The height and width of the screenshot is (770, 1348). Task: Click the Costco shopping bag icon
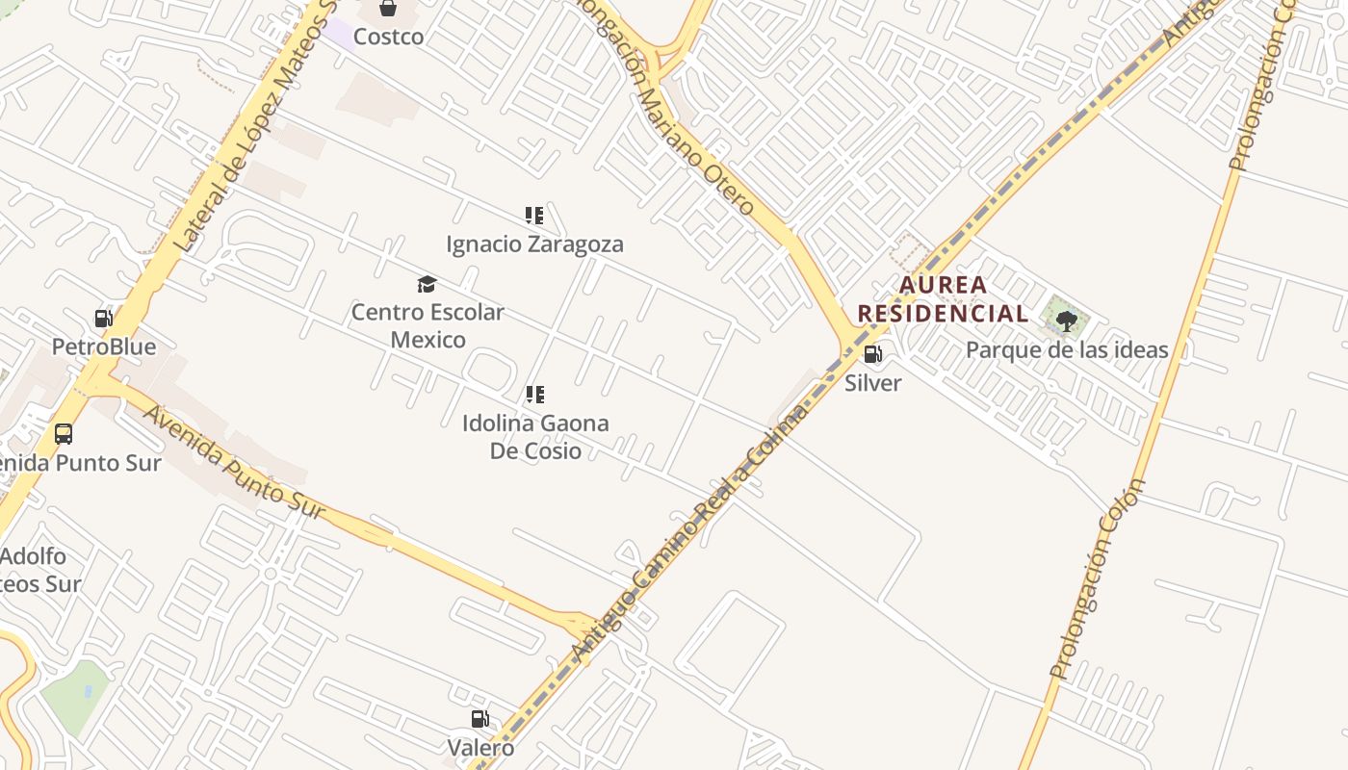point(388,9)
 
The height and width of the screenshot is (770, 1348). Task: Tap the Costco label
point(388,37)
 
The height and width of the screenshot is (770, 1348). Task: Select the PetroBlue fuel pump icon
point(103,319)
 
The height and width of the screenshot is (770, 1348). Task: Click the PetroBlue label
point(103,346)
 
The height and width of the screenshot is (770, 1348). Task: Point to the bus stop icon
point(64,434)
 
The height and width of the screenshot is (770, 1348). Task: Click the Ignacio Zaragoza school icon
point(534,216)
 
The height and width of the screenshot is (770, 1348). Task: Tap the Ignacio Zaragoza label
point(534,244)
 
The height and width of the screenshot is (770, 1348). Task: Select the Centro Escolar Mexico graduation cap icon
point(427,284)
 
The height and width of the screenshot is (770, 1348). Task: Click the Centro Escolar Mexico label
point(428,325)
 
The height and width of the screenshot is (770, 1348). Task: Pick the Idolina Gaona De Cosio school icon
point(535,395)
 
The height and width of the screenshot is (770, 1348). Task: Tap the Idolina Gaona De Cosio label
point(535,436)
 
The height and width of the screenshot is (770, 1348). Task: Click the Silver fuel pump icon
point(873,354)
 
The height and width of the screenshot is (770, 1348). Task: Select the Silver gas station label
point(873,382)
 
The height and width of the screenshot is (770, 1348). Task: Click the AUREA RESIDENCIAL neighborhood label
point(943,298)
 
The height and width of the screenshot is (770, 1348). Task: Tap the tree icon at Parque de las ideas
point(1066,321)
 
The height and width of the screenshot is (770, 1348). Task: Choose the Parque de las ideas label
point(1067,349)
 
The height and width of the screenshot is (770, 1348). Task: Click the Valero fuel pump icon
point(480,719)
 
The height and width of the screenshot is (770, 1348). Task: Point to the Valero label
point(480,748)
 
